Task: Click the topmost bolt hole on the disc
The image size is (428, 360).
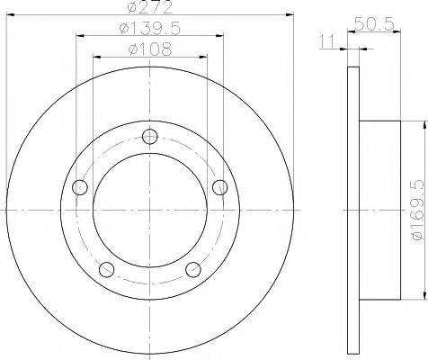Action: tap(150, 138)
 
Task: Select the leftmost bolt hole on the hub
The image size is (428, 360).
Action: tap(81, 187)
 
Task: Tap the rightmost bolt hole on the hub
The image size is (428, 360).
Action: tap(218, 187)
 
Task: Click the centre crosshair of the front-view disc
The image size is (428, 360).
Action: tap(150, 210)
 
